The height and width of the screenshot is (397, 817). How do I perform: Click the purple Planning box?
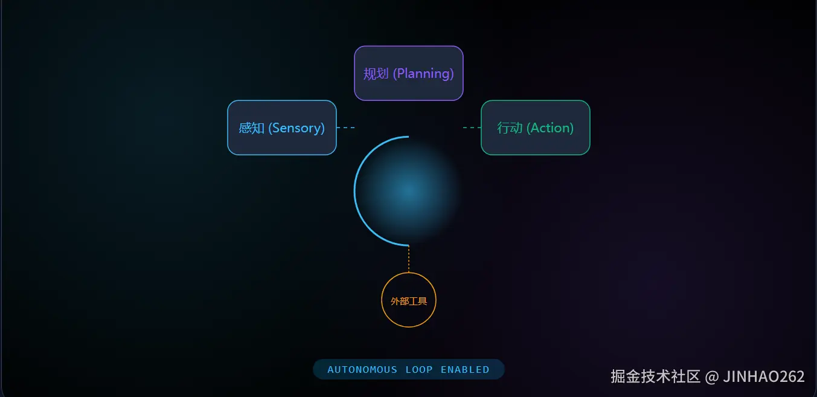point(408,73)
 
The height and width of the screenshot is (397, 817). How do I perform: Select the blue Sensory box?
point(281,127)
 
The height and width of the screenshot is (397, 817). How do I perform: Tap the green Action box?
point(535,127)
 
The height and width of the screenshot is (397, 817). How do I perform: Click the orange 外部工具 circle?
point(409,300)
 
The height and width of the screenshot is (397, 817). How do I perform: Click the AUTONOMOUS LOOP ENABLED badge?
point(408,369)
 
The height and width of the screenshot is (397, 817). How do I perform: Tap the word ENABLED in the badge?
point(465,369)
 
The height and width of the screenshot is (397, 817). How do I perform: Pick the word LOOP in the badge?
point(419,369)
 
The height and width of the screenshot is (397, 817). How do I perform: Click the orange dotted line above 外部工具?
point(409,259)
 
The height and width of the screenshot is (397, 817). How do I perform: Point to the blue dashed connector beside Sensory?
point(345,127)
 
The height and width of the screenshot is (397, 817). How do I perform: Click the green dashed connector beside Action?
point(472,127)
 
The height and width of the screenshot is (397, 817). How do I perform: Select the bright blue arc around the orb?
point(356,191)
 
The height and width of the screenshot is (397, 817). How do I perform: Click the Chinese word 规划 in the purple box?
point(376,74)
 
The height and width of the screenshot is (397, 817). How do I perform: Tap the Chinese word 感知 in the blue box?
point(252,128)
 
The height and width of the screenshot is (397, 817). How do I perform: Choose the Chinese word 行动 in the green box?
point(510,128)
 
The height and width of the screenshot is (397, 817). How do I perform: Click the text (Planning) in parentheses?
point(423,74)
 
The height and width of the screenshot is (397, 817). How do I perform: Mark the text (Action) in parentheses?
point(550,128)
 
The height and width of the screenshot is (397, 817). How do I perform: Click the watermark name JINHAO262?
point(764,376)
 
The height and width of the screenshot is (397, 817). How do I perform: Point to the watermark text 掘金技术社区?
point(655,376)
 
